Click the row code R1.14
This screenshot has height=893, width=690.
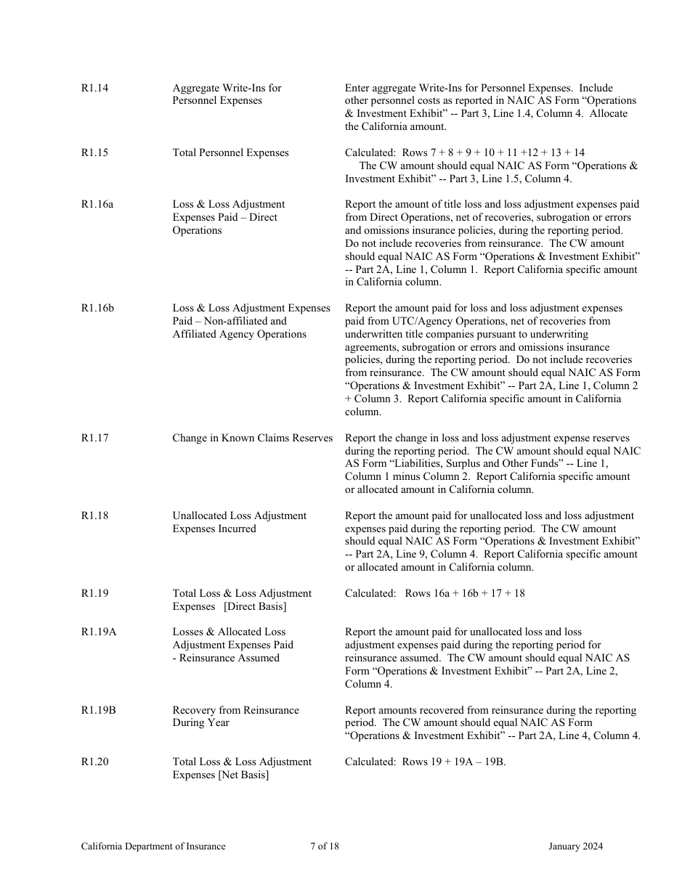tap(94, 88)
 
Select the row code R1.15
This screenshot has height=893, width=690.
tap(94, 152)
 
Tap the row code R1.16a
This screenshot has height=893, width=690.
tap(97, 205)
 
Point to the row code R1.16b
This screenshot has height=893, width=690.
tap(97, 309)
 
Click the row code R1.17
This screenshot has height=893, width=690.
tap(94, 438)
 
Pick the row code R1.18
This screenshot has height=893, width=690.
tap(94, 516)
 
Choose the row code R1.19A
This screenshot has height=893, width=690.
tap(98, 632)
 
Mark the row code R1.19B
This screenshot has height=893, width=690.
tap(98, 710)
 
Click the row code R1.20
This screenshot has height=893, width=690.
tap(94, 762)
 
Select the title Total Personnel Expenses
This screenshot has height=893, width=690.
tap(230, 152)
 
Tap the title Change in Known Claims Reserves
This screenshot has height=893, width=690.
tap(252, 438)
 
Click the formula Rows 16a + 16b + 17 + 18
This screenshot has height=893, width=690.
tap(465, 593)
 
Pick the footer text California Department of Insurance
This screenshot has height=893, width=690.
tap(153, 846)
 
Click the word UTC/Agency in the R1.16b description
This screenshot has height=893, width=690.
tap(421, 321)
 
